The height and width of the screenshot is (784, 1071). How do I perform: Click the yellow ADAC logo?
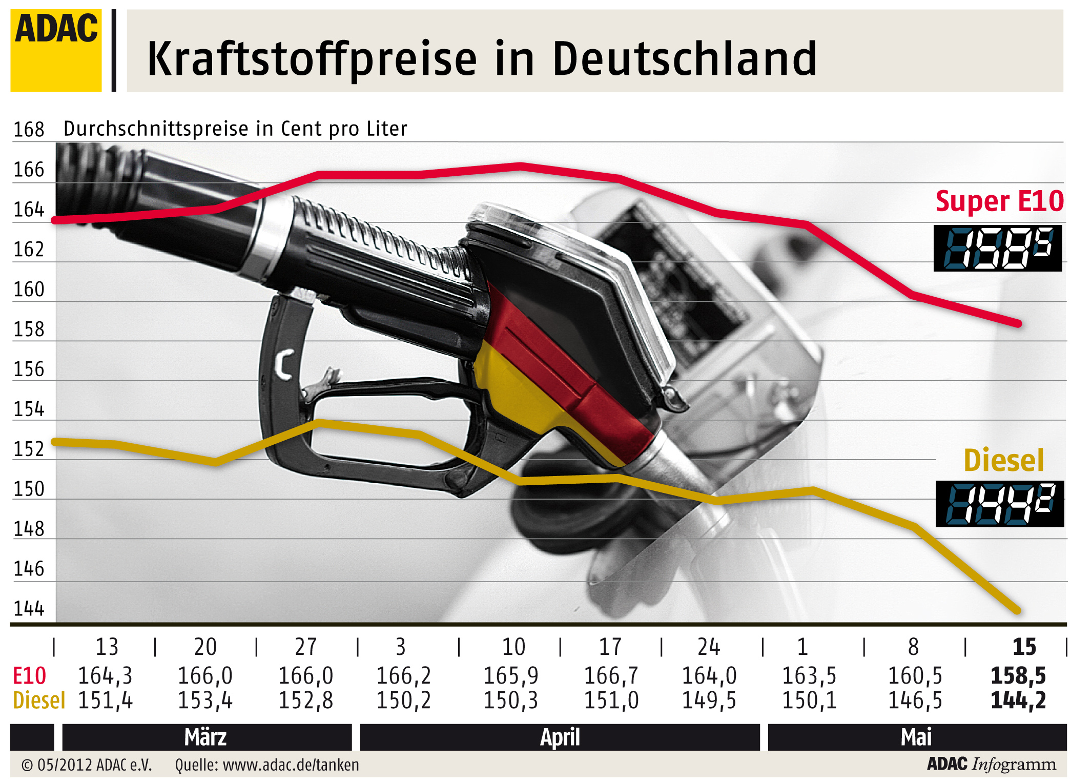(56, 50)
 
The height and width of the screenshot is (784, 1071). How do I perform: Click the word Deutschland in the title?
(684, 59)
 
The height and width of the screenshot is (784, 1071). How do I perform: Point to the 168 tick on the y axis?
(29, 130)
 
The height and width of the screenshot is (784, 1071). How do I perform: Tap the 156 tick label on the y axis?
(29, 369)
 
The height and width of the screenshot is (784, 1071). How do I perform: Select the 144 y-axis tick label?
(29, 609)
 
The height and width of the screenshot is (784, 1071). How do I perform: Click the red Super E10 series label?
(999, 201)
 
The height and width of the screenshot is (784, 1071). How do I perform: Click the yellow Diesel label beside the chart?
(1003, 460)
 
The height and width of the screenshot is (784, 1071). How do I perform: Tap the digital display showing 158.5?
(997, 248)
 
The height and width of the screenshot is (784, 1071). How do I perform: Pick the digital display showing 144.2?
(999, 504)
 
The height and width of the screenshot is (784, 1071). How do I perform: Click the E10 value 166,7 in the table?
(611, 676)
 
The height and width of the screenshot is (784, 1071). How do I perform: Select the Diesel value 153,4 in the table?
(205, 700)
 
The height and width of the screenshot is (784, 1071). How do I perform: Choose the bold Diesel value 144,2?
(1018, 700)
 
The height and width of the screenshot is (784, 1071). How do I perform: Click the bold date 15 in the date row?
(1024, 647)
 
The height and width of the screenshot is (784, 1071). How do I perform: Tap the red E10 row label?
(29, 676)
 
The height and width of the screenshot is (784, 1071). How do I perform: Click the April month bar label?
(560, 737)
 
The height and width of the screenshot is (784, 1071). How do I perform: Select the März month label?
(205, 737)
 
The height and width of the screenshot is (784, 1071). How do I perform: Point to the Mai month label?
(916, 737)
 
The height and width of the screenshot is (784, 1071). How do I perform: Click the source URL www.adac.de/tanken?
(291, 765)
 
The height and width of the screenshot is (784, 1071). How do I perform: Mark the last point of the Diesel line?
(1018, 610)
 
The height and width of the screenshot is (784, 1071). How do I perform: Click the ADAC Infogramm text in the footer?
(991, 764)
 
